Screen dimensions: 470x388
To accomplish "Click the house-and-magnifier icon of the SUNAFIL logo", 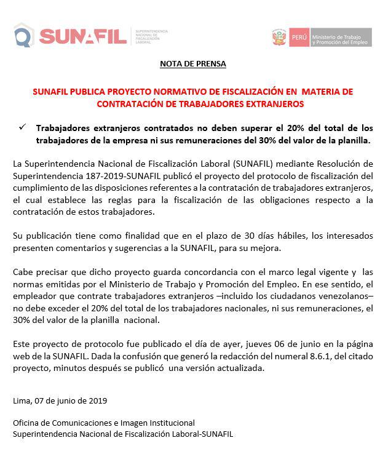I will click(23, 36).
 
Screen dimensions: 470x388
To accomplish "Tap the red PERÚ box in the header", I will click(298, 38).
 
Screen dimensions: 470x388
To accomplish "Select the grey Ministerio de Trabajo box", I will click(340, 38).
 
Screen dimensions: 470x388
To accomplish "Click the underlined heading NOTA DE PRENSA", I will click(193, 63).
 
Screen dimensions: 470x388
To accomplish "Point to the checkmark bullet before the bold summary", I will click(22, 128).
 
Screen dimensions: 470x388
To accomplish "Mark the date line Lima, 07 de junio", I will click(60, 400).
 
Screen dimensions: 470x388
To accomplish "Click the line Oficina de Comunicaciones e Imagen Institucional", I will click(103, 423).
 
